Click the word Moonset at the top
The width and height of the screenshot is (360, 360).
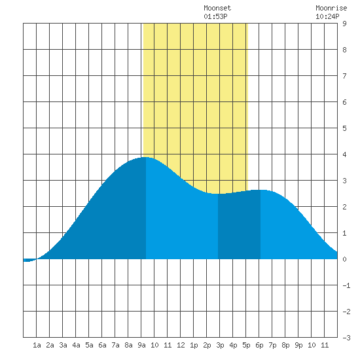click(x=217, y=8)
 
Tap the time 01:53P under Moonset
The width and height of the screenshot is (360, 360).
click(x=215, y=16)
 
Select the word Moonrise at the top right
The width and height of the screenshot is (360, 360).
click(x=331, y=8)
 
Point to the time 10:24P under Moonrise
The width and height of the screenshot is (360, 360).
click(x=327, y=16)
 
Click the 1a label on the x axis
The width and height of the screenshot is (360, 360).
click(x=37, y=345)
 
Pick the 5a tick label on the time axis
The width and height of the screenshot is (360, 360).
click(x=89, y=345)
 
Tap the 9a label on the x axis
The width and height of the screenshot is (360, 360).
click(x=141, y=345)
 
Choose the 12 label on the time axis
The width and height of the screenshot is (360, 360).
click(x=181, y=345)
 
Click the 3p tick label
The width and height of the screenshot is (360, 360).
click(x=220, y=345)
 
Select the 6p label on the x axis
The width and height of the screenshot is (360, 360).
click(x=259, y=345)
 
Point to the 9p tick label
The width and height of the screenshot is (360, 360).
click(x=298, y=345)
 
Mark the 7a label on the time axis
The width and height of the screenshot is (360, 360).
click(x=115, y=345)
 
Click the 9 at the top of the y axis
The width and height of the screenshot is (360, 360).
click(x=344, y=24)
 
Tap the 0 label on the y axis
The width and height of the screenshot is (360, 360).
click(x=344, y=259)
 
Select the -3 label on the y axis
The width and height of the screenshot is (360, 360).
click(x=346, y=338)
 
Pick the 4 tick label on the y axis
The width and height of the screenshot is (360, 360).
click(x=344, y=154)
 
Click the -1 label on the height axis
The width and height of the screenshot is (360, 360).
click(x=346, y=285)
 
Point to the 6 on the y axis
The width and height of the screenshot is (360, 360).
click(x=344, y=102)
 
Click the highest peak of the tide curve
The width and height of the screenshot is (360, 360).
click(x=146, y=157)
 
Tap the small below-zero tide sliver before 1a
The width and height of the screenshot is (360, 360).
click(x=29, y=260)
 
